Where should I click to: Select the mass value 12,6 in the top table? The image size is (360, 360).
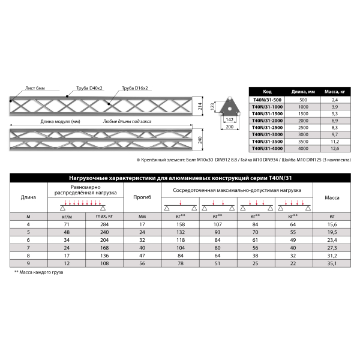click(335, 148)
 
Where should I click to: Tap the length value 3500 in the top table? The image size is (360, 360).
click(303, 142)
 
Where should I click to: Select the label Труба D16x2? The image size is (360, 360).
click(135, 88)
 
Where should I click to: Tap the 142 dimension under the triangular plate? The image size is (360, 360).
click(229, 120)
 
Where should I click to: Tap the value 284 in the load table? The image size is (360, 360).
click(103, 224)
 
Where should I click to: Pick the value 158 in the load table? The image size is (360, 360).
click(179, 224)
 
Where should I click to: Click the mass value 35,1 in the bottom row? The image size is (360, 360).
click(332, 263)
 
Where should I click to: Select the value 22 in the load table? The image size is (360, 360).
click(293, 263)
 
